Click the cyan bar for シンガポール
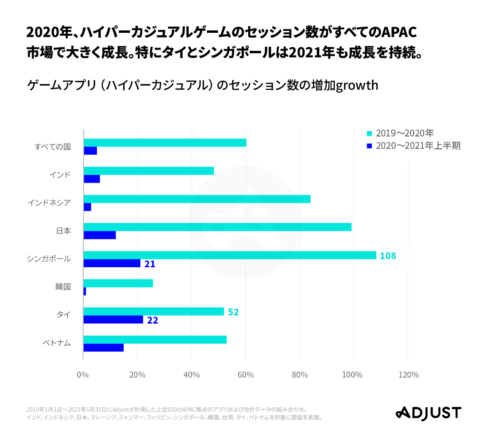click(230, 255)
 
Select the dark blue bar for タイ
click(113, 319)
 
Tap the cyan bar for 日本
click(217, 227)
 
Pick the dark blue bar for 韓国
click(85, 291)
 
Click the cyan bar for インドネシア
click(197, 199)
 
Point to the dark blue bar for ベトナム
click(103, 348)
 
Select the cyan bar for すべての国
click(165, 143)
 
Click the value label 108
click(388, 256)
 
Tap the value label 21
click(150, 264)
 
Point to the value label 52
click(233, 312)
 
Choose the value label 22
click(152, 320)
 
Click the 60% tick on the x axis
click(245, 375)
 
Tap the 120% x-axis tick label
click(408, 375)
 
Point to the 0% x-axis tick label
click(83, 375)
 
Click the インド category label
click(60, 175)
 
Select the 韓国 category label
click(63, 287)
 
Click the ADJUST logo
click(429, 413)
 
